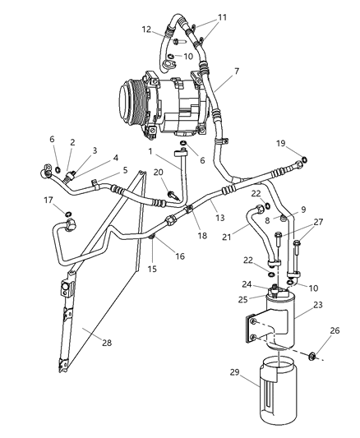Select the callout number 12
coord(147,30)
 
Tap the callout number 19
coord(281,144)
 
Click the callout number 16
coord(178,256)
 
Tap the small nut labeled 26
coord(315,357)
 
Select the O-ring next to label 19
coord(305,160)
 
